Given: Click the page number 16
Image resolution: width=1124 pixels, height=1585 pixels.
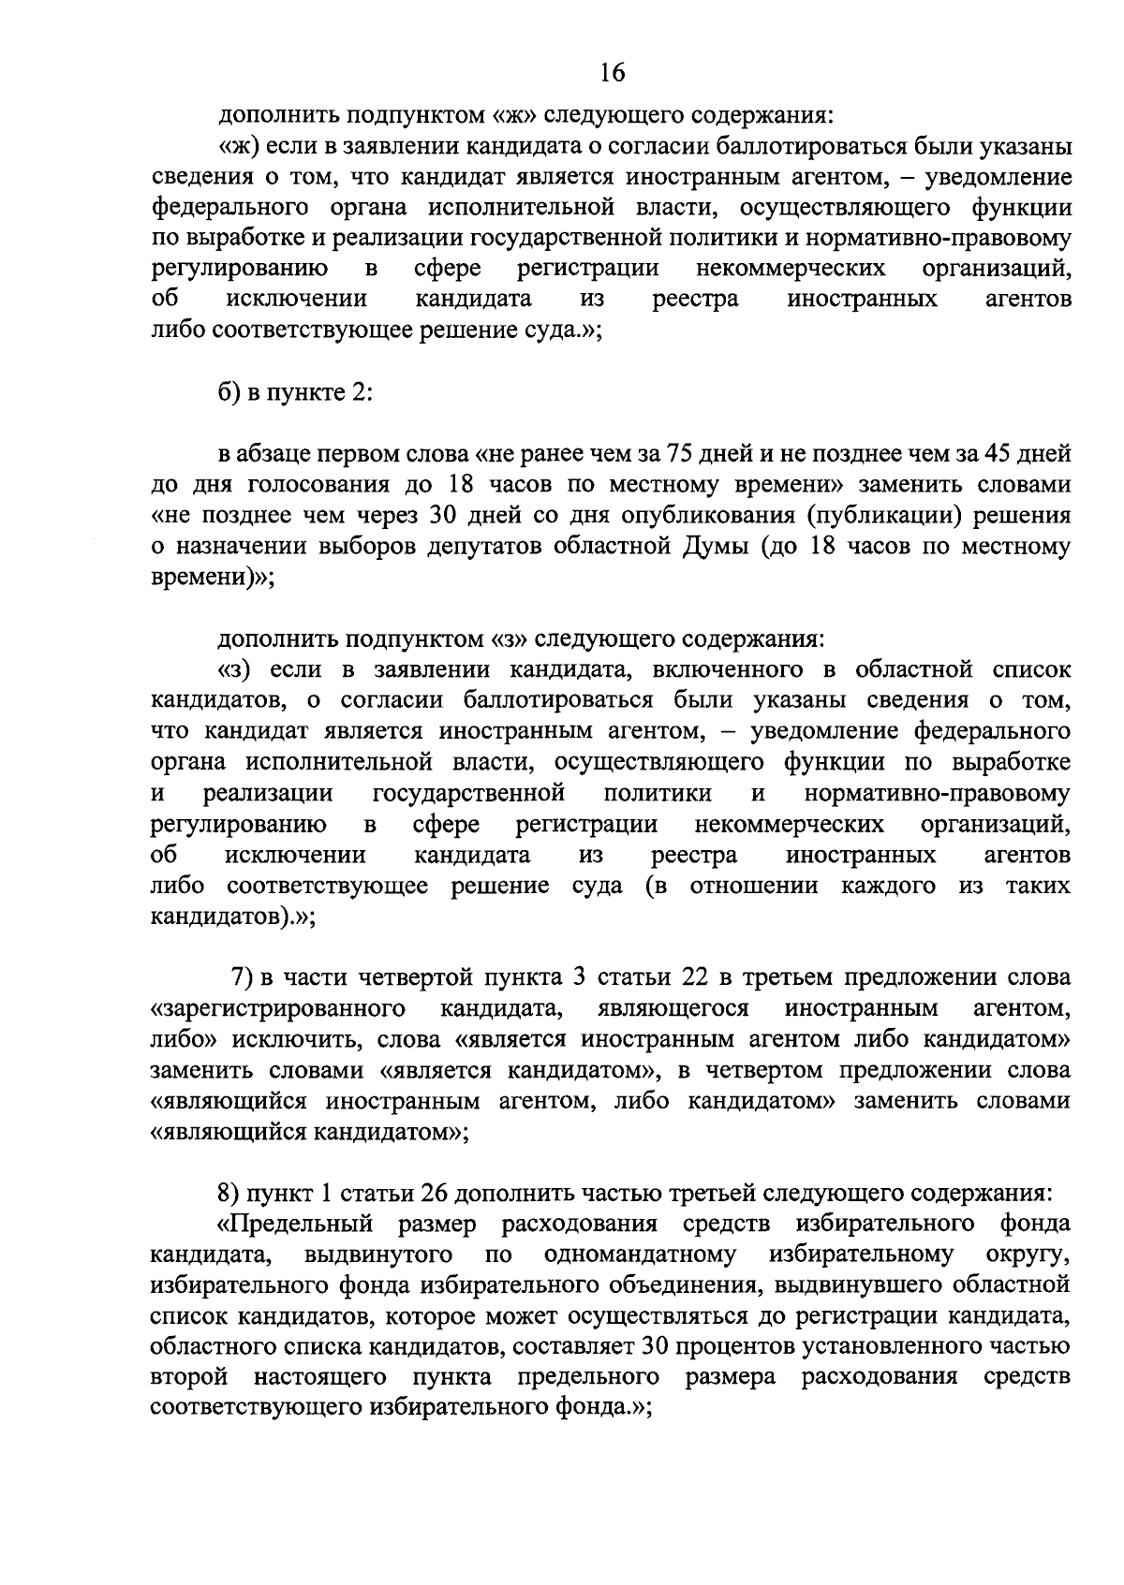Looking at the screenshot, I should tap(613, 73).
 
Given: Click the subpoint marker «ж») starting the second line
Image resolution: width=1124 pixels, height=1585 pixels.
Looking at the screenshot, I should tap(238, 146).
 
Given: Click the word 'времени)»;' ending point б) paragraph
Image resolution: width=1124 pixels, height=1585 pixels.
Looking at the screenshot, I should tap(212, 579).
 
